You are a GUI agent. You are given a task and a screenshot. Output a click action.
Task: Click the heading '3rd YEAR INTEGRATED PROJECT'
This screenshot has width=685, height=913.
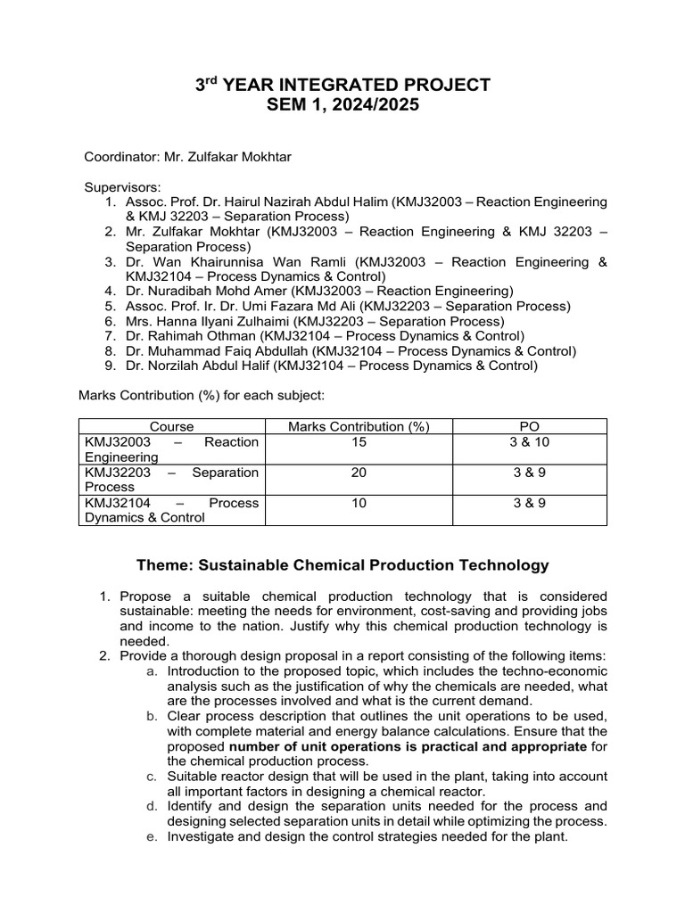click(x=342, y=85)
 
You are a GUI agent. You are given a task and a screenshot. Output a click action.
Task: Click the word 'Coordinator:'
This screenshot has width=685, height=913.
click(x=121, y=157)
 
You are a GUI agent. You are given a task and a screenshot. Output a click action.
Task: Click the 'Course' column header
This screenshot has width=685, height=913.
click(x=171, y=427)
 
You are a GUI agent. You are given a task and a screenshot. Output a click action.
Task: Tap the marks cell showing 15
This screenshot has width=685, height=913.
click(x=359, y=442)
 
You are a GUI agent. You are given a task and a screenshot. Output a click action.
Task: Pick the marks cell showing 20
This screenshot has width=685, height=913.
click(x=359, y=473)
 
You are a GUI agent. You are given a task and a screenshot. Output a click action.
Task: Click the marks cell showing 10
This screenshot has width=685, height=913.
click(x=359, y=503)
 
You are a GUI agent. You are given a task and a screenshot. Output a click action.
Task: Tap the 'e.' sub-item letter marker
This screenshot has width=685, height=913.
click(x=153, y=837)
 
